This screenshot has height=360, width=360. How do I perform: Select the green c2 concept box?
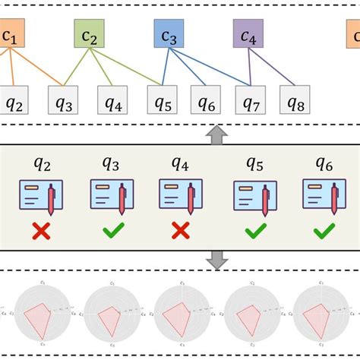[x=89, y=35]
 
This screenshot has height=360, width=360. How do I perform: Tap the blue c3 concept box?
[x=169, y=35]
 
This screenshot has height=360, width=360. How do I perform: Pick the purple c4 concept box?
[x=248, y=35]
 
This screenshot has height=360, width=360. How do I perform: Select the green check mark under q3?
[x=111, y=231]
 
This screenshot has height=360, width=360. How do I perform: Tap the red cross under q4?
[x=180, y=231]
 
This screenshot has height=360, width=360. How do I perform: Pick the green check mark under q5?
[x=254, y=231]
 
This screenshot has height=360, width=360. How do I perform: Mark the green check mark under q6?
[x=324, y=231]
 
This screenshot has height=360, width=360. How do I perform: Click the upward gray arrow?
[x=218, y=135]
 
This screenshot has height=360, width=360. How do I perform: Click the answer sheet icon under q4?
[x=181, y=194]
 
